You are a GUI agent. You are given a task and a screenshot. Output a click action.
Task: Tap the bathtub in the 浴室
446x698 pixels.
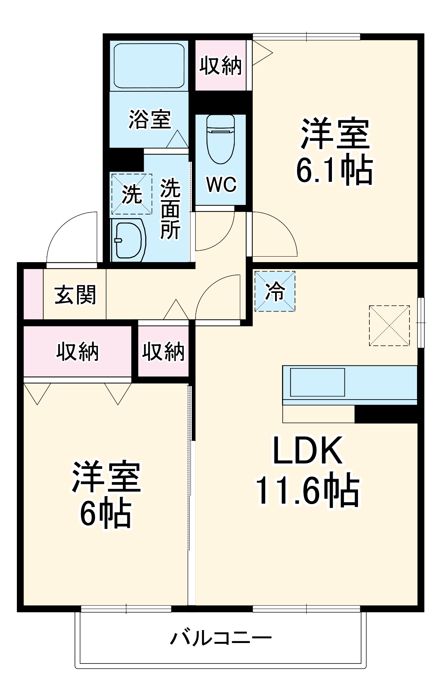point(149,66)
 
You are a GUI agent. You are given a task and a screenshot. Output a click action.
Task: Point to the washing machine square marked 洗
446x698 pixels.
point(132,194)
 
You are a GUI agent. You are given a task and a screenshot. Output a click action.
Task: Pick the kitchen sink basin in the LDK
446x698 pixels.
point(317,382)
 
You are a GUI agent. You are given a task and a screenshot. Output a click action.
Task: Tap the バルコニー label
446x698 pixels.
point(221,638)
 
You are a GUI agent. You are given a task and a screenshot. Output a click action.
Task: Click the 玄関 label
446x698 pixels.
point(75,295)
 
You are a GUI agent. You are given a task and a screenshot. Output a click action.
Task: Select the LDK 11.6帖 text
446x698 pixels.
point(307,471)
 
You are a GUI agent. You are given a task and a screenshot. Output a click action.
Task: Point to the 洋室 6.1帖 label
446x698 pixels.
point(334,151)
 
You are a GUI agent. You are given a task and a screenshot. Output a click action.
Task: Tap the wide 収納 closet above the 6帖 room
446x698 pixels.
point(77,352)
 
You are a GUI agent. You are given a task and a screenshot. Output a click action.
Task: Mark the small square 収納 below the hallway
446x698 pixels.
point(163,352)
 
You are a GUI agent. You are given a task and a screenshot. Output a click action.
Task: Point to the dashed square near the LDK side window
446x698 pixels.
point(389,325)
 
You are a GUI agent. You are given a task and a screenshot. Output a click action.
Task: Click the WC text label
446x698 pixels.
point(221,184)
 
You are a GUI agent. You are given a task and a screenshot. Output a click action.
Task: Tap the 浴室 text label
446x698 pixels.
point(150,120)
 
